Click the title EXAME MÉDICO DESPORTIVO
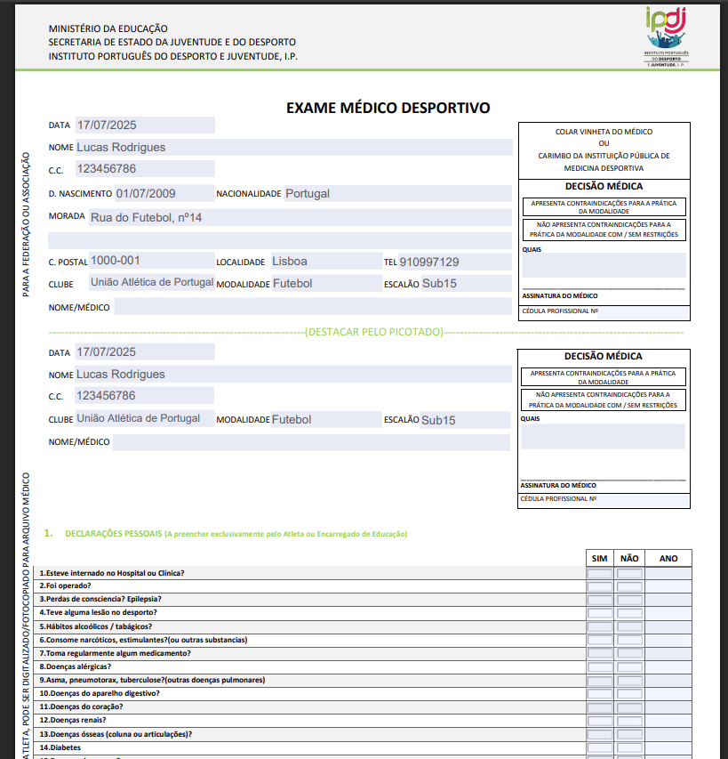388,109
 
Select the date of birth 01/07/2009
145,193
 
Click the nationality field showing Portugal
308,193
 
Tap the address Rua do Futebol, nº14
147,217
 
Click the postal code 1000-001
116,261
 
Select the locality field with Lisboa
290,261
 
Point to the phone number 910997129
429,262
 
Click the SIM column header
600,559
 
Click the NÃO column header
629,559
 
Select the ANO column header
668,559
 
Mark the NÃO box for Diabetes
629,747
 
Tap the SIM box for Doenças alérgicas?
600,667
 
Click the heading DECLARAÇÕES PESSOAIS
114,534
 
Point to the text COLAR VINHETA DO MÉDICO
604,132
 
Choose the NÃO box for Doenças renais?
629,721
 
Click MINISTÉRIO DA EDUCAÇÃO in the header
108,29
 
